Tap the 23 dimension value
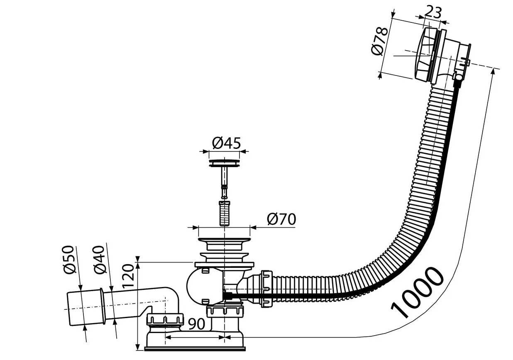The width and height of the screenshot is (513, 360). point(433,12)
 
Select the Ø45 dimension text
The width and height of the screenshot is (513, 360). point(226,144)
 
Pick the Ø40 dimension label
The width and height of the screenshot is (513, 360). point(100,260)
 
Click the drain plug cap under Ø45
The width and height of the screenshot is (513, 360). point(225,163)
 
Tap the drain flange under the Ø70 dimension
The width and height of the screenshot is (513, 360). point(225,241)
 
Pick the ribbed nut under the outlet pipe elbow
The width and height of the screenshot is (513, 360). point(165,321)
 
